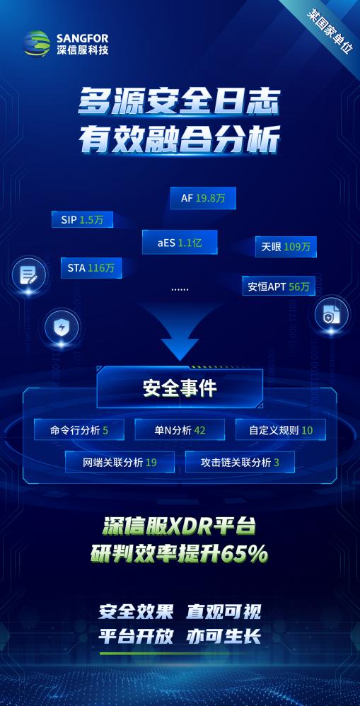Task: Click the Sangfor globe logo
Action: tap(37, 43)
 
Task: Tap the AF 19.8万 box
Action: tap(203, 198)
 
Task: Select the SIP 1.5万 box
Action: tap(82, 220)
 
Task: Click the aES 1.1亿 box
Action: tap(180, 243)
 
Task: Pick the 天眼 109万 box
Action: tap(286, 247)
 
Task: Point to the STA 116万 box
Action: tap(91, 268)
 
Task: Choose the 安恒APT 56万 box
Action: tap(279, 287)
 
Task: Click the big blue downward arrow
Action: tap(180, 332)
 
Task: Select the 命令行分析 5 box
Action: tap(79, 429)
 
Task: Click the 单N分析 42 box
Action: tap(180, 429)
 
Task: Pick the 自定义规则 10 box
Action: tap(281, 429)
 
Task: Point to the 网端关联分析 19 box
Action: tap(120, 462)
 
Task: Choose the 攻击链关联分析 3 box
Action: tap(240, 462)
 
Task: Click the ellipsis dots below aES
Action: tap(180, 289)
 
